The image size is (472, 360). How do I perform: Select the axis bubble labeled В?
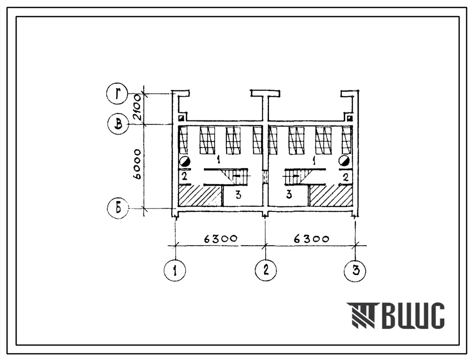[x=119, y=124]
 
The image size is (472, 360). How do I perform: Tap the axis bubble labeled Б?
[x=118, y=208]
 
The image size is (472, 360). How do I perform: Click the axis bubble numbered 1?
[x=175, y=270]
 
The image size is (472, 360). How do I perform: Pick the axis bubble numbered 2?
[x=266, y=270]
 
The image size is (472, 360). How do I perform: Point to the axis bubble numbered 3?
[x=355, y=270]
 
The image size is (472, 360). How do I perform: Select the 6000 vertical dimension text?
[x=137, y=164]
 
